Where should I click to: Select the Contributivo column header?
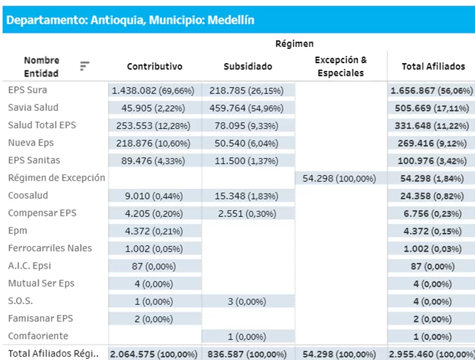154,66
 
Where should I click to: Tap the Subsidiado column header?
248,66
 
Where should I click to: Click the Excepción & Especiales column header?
340,66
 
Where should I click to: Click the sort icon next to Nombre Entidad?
84,66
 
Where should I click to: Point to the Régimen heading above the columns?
294,44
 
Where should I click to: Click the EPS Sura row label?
28,90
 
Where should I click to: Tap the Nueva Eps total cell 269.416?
431,143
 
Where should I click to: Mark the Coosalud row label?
28,195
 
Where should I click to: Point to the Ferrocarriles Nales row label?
50,248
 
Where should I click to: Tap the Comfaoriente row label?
38,336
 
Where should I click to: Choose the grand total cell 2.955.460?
431,354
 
